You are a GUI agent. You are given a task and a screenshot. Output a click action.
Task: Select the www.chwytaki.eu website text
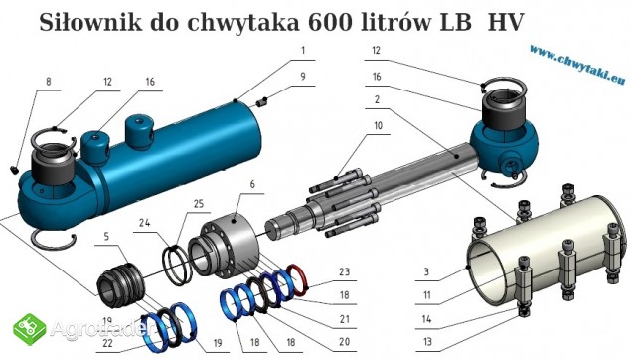[578, 64]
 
